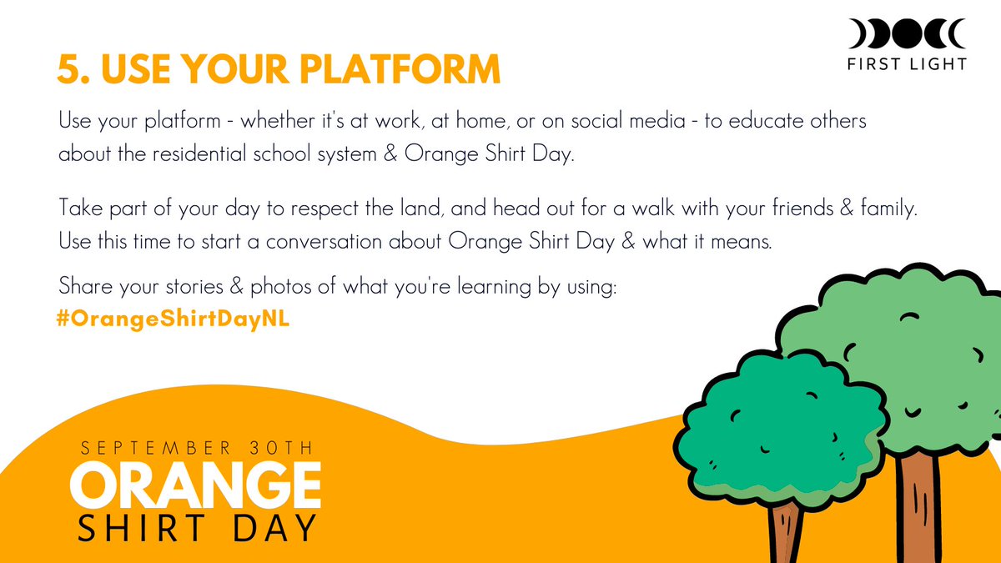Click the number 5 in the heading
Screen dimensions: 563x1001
coord(68,69)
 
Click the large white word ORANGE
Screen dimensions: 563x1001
coord(196,485)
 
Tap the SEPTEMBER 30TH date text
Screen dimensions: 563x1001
coord(197,448)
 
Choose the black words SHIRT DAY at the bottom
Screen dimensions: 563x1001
coord(197,527)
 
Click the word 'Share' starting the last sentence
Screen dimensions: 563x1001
coord(82,287)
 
